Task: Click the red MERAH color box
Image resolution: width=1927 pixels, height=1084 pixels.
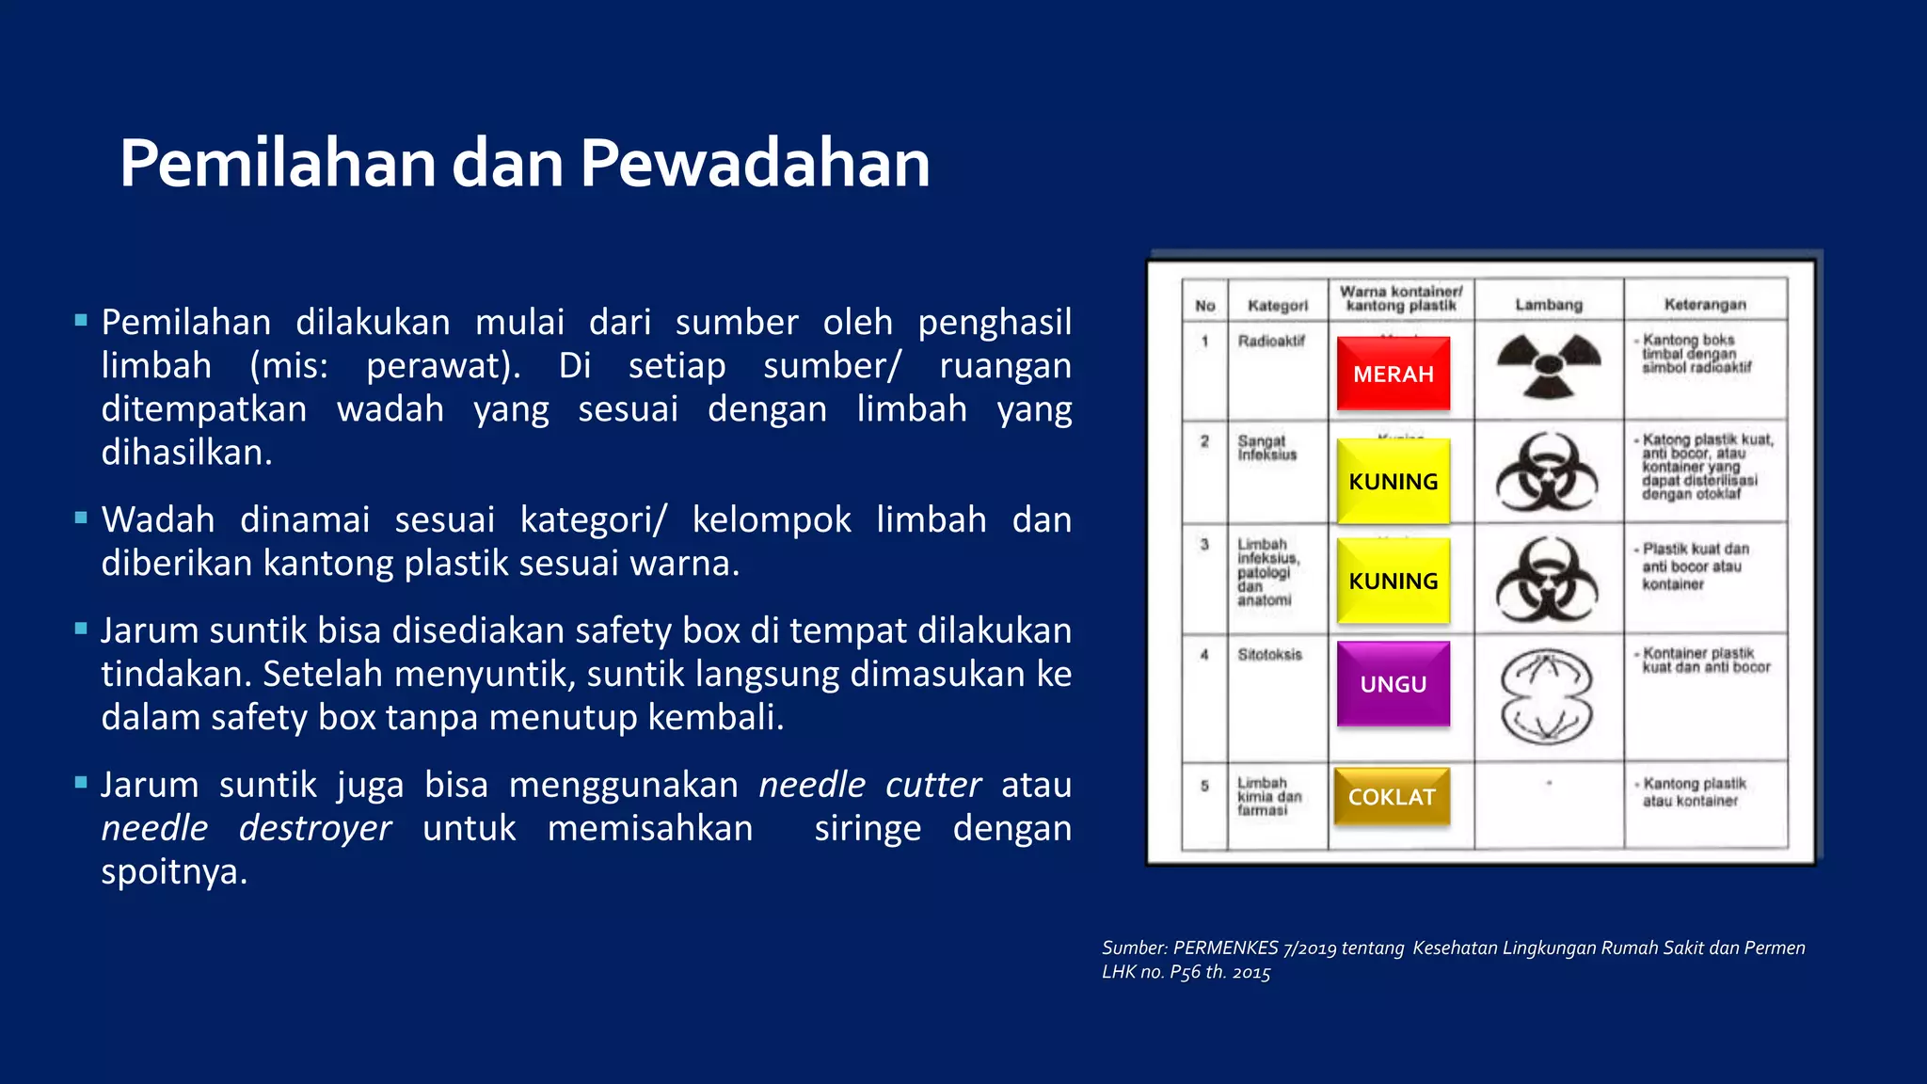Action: [1393, 374]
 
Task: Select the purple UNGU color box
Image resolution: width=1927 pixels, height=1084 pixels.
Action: [1393, 684]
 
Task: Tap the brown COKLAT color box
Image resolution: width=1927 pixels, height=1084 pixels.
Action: [1392, 797]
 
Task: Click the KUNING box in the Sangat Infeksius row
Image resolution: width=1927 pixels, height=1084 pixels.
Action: [1393, 481]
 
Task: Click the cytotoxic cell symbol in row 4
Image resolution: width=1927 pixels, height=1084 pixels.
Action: [1547, 697]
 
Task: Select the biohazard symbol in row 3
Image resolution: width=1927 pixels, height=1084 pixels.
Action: [1547, 580]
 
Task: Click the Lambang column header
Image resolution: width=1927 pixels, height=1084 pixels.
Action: [1549, 305]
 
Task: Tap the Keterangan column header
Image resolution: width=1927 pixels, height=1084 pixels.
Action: [1705, 304]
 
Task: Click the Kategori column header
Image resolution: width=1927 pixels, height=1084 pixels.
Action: [1278, 306]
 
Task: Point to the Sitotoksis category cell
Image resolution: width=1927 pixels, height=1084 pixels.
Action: [1269, 654]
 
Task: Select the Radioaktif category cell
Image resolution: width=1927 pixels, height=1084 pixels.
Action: [1271, 342]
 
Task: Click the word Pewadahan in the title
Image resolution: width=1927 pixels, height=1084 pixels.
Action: [755, 164]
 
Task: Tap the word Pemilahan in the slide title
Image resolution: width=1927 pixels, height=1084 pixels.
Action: [278, 164]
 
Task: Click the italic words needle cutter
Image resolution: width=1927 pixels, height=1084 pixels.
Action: [869, 785]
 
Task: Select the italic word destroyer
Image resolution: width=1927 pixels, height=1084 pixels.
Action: [314, 828]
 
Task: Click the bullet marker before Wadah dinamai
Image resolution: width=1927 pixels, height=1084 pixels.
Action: [81, 518]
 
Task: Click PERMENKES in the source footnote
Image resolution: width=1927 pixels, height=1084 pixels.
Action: [1225, 948]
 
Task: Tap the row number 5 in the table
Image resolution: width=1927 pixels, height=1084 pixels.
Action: [1204, 786]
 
